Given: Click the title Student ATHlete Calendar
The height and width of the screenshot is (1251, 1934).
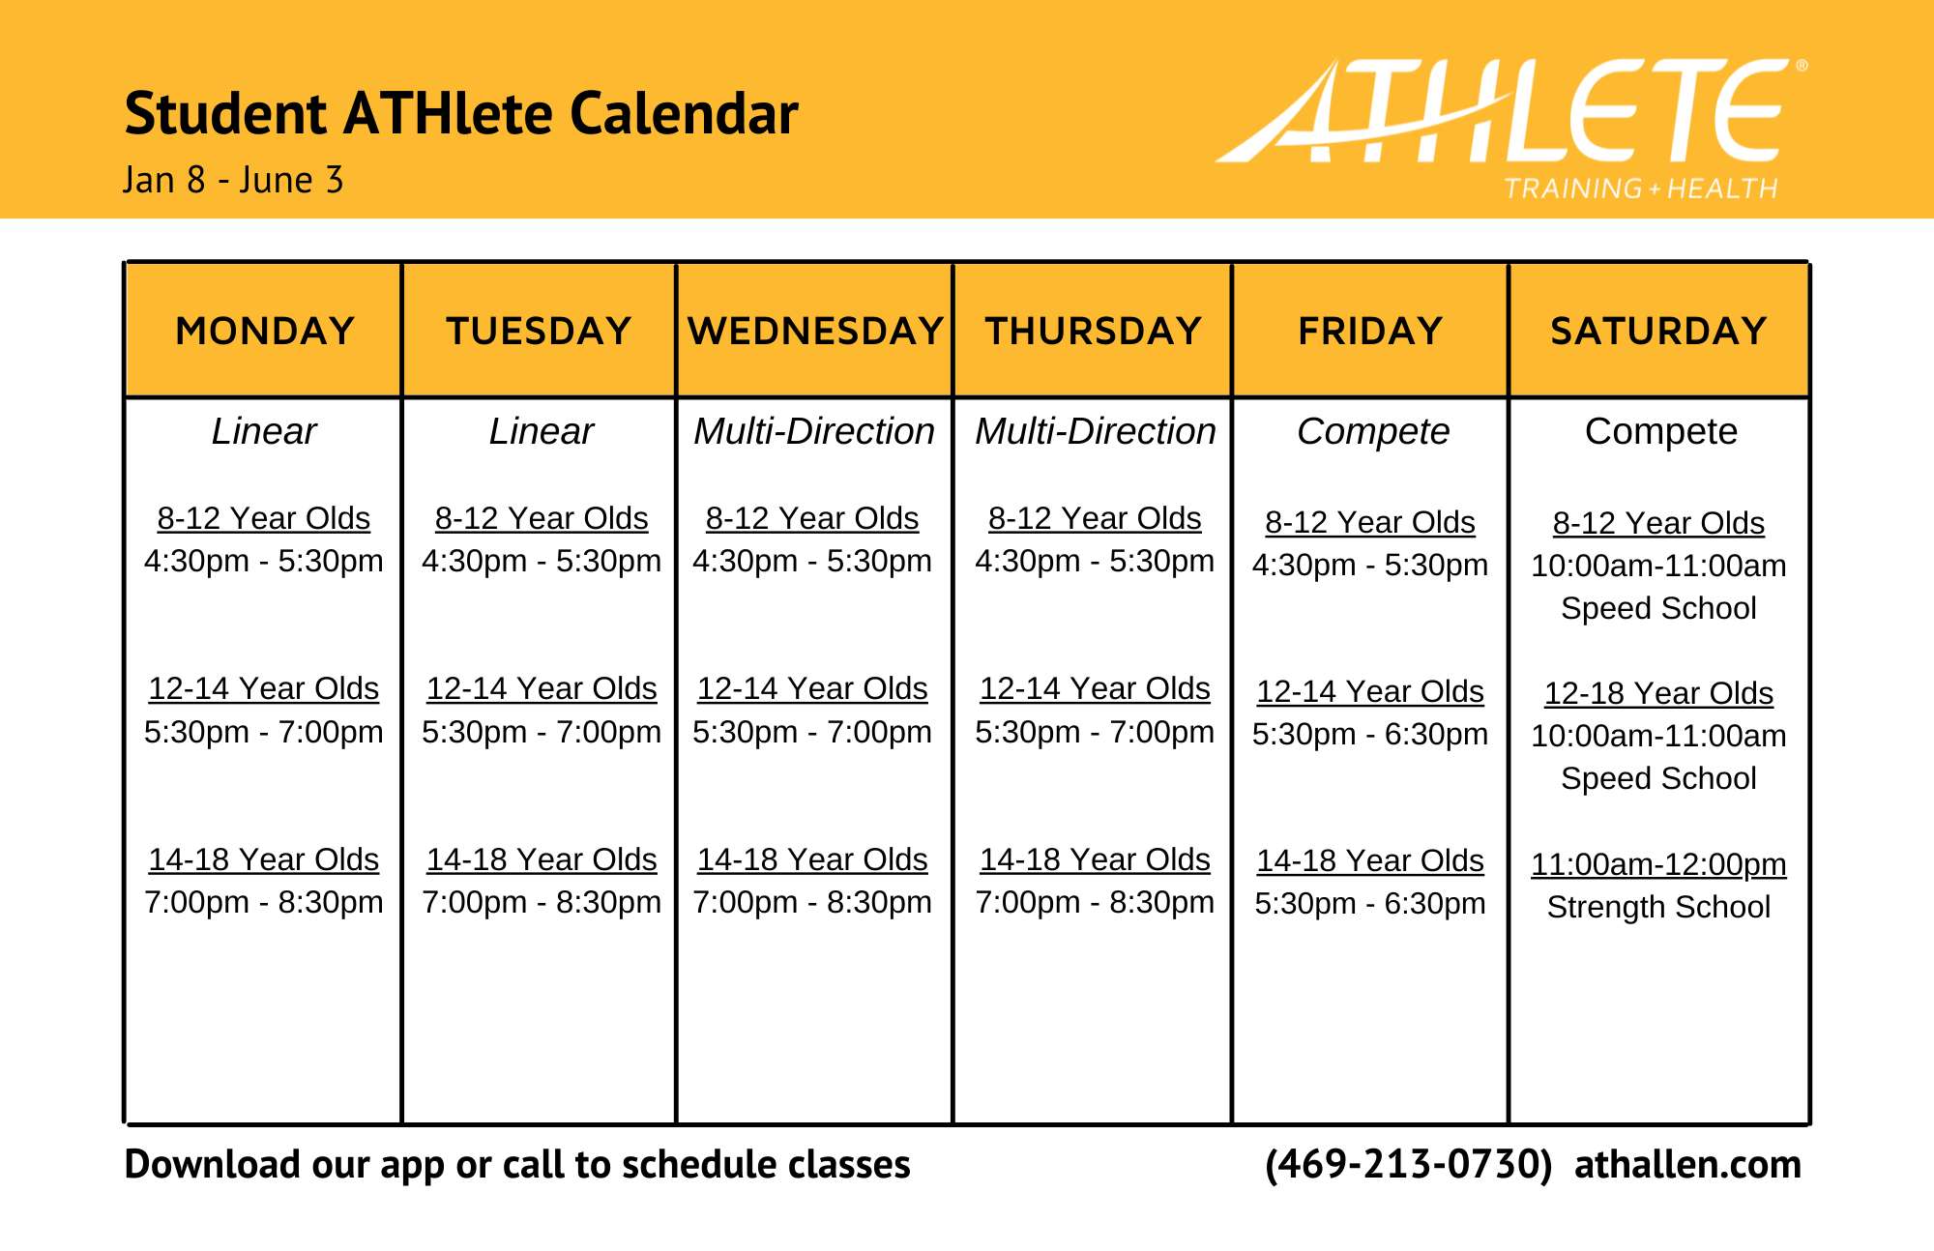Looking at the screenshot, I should click(461, 114).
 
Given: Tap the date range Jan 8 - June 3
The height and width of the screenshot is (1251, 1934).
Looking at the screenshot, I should click(233, 181).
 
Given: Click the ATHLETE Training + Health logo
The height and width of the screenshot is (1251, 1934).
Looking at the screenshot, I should click(1511, 126).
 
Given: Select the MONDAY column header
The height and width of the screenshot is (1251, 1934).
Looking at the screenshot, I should click(265, 332).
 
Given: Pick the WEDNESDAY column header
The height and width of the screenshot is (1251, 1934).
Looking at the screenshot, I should click(815, 332).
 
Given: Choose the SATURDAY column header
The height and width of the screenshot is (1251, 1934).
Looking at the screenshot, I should click(1658, 332).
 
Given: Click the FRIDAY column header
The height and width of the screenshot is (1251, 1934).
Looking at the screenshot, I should click(1370, 332).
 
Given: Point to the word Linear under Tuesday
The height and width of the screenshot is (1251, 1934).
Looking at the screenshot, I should click(541, 431).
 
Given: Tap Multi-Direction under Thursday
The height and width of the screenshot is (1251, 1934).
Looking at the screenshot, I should click(1095, 431).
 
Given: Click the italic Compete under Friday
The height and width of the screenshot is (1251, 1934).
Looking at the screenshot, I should click(1372, 431).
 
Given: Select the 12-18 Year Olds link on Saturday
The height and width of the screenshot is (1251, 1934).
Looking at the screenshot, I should click(1658, 693).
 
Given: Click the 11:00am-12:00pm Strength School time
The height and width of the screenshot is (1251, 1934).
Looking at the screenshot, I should click(1658, 864).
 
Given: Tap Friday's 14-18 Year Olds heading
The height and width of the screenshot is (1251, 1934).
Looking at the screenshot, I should click(1370, 860).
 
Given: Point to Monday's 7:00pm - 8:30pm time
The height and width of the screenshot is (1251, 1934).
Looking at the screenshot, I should click(264, 902).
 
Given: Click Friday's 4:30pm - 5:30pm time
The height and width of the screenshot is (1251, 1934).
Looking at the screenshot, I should click(1370, 565).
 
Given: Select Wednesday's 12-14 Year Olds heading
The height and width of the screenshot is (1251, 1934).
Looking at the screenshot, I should click(812, 688).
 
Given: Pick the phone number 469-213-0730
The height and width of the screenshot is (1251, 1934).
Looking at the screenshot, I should click(1408, 1164).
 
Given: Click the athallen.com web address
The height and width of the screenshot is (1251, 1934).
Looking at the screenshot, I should click(1687, 1164).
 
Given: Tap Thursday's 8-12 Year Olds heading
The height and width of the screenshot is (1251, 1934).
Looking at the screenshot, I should click(1095, 518).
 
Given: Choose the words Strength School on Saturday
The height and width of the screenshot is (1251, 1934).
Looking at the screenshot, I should click(1658, 907).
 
